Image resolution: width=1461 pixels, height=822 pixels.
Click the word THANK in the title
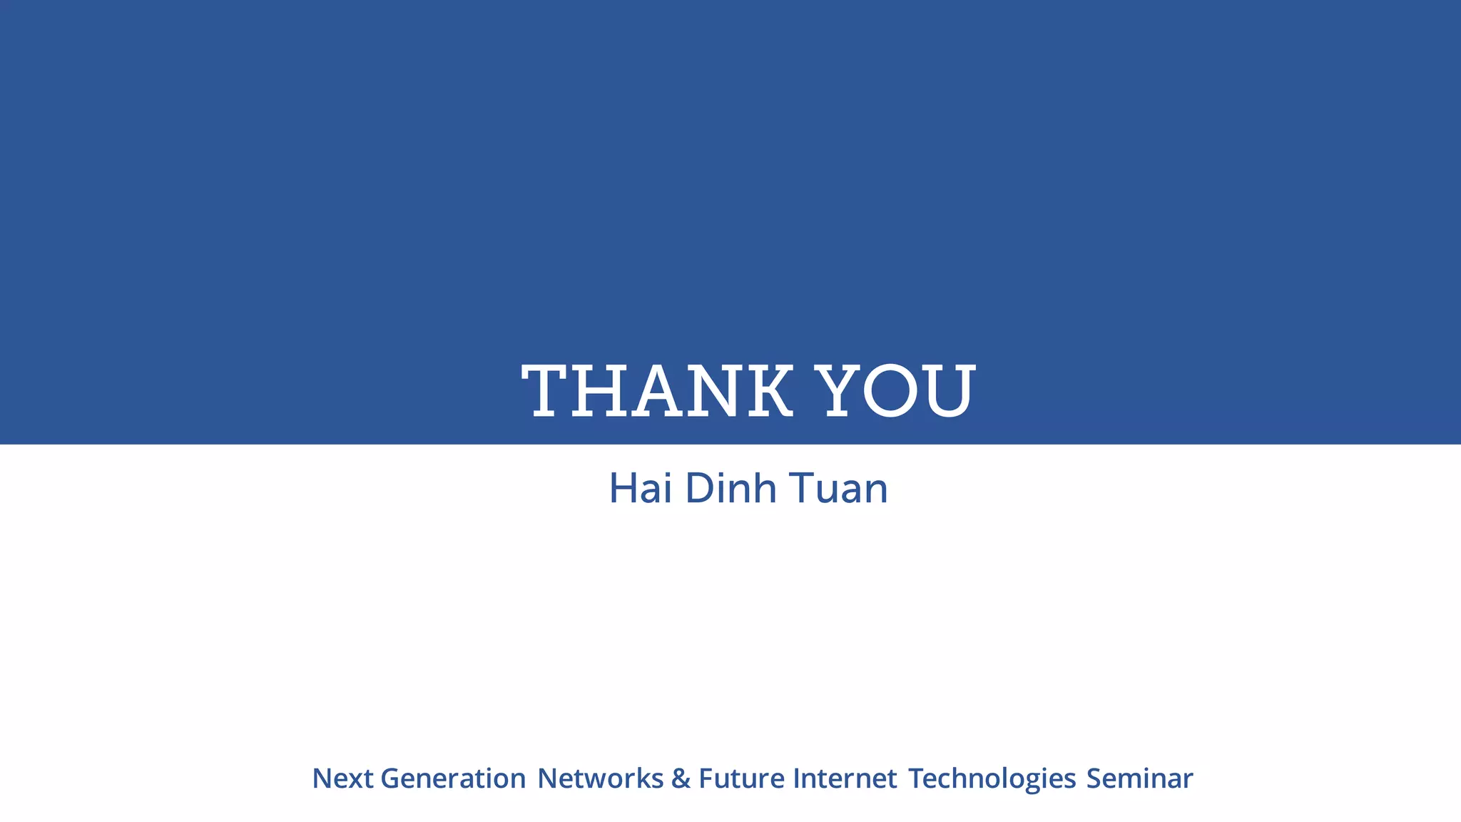[657, 391]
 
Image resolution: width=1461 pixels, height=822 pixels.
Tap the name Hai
[641, 489]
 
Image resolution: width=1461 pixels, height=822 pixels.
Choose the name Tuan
[838, 489]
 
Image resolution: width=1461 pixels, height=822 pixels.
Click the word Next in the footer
[342, 778]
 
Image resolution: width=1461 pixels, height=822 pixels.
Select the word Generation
[453, 778]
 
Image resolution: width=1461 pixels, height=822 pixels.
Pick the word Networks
[600, 778]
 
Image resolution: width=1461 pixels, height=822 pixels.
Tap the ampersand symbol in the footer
[681, 778]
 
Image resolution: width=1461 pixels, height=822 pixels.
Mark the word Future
[741, 778]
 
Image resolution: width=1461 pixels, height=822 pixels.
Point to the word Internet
[845, 778]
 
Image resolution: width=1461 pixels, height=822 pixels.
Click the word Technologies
[992, 778]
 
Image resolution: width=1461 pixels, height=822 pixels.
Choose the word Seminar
[1139, 778]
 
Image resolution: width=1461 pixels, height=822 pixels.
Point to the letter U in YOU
[949, 391]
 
